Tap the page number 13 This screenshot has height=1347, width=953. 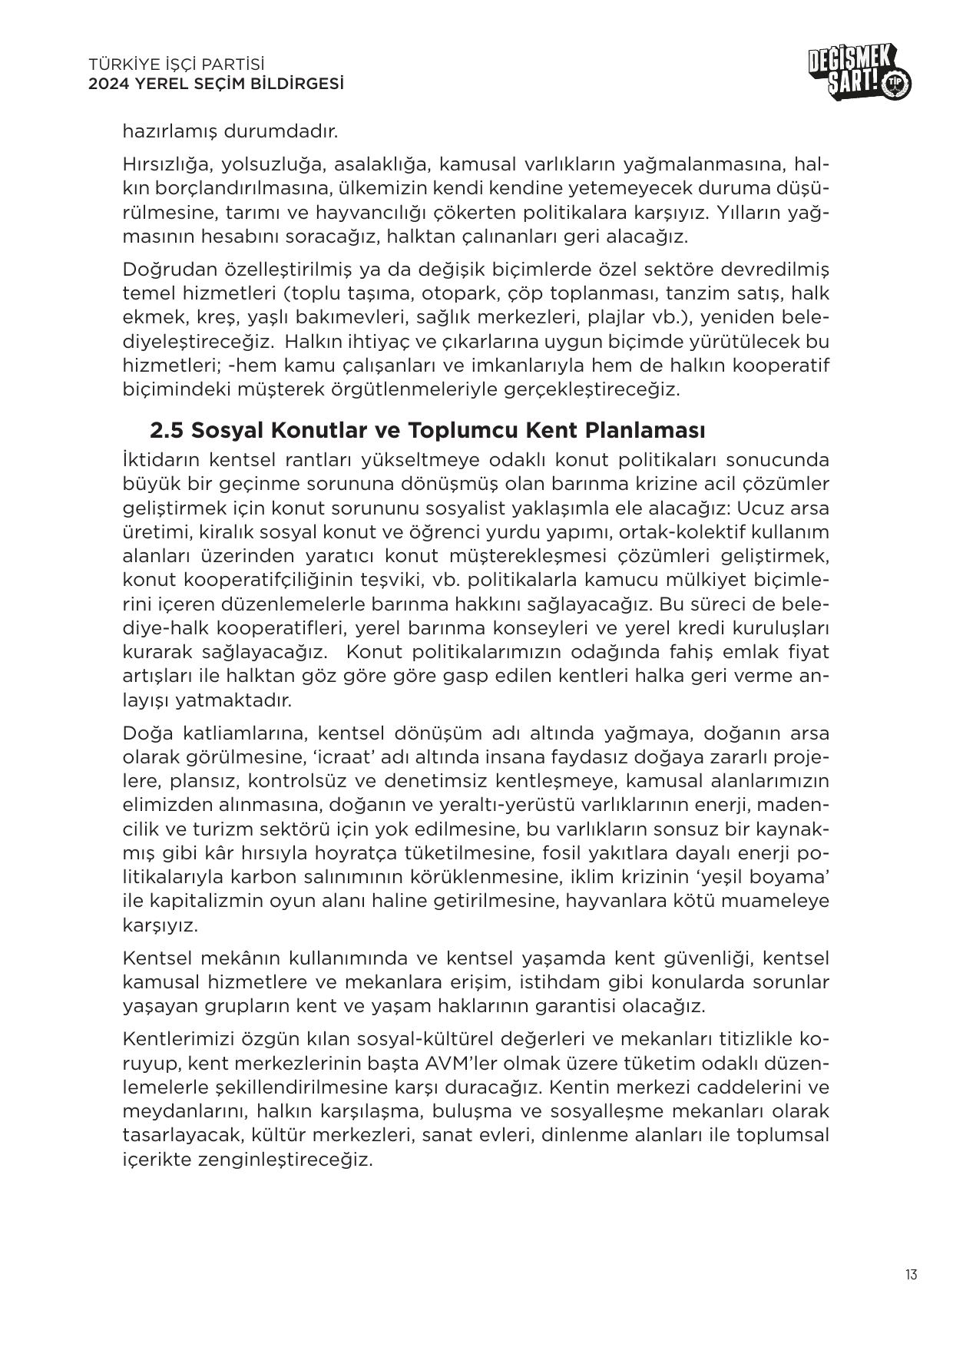coord(911,1275)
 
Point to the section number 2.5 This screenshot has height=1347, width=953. coord(167,429)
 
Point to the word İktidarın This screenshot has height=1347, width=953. coord(158,460)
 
